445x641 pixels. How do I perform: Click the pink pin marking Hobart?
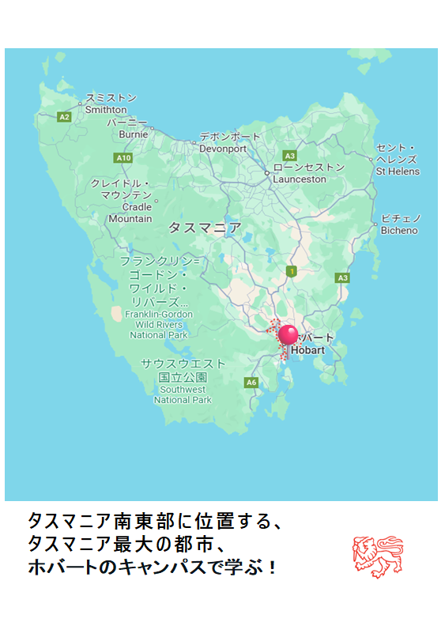pos(289,334)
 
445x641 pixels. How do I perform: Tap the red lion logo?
pos(377,556)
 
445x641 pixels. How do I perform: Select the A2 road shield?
pos(65,117)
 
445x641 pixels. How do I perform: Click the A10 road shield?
pos(123,158)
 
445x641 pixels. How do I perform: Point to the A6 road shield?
pos(251,383)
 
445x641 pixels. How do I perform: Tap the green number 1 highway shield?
pos(292,272)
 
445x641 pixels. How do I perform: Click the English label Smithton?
pos(106,110)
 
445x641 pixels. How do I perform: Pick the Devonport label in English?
pos(223,149)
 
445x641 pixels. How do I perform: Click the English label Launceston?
pos(300,179)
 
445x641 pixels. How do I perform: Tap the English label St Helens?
pos(398,172)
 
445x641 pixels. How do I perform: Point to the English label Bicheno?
pos(399,231)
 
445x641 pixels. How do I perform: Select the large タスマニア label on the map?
pos(205,228)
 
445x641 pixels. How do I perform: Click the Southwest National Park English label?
pos(183,394)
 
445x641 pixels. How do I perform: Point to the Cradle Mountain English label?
pos(131,213)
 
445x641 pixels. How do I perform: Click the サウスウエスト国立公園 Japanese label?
pos(183,370)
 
